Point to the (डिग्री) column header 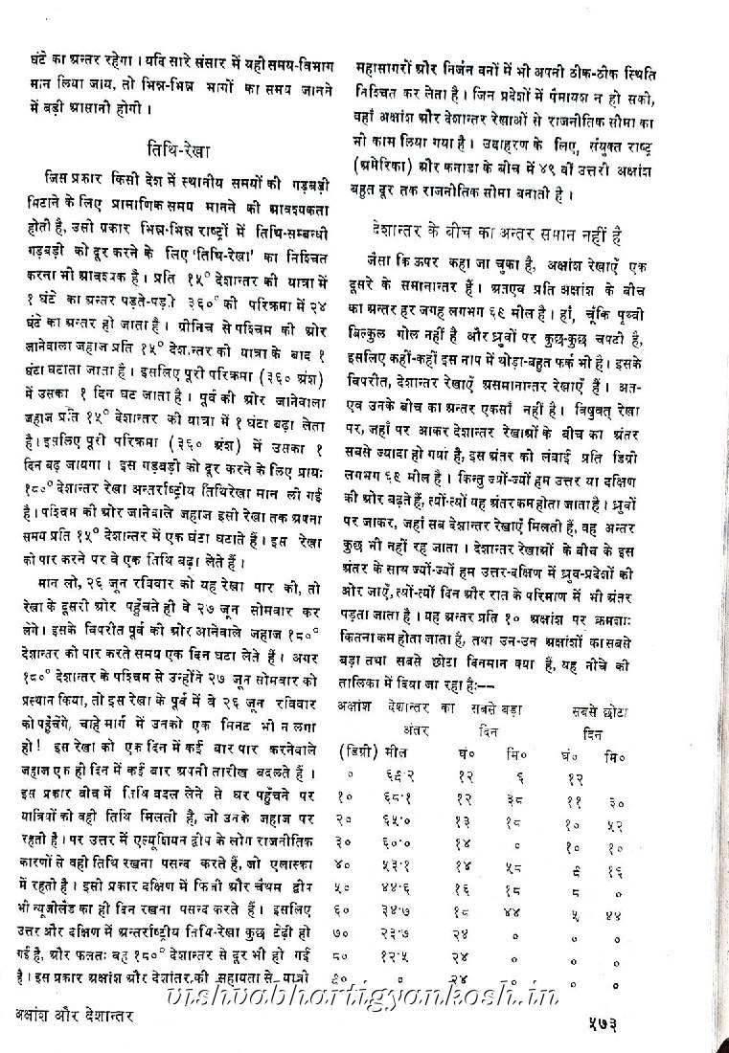click(358, 751)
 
